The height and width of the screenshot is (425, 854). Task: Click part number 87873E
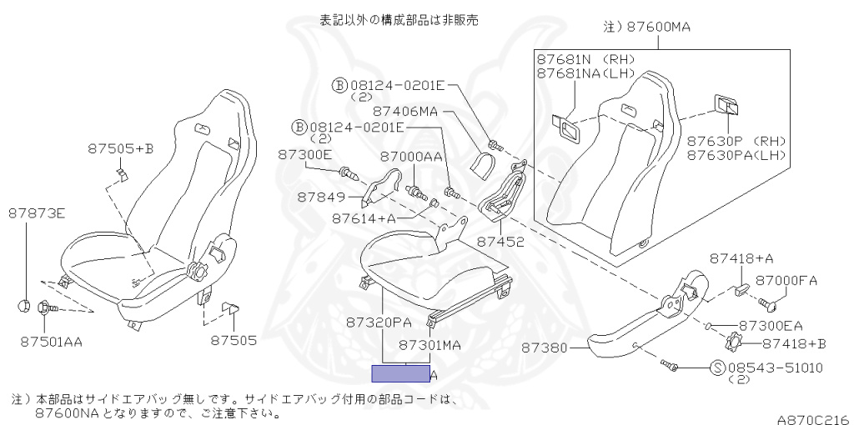point(37,213)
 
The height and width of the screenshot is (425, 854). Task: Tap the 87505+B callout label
point(120,149)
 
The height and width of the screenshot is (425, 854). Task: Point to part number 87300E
point(304,155)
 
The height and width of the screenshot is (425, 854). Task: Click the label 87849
point(321,197)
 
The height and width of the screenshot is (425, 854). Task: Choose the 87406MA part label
point(405,110)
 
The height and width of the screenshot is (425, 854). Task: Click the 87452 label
point(500,242)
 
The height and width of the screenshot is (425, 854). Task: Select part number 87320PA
point(379,321)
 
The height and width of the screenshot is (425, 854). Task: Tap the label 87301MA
point(430,344)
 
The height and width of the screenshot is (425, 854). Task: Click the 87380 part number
point(546,346)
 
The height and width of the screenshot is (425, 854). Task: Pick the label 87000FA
point(786,281)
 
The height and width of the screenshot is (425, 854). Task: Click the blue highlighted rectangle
point(400,373)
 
